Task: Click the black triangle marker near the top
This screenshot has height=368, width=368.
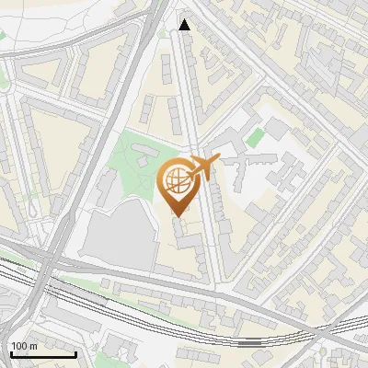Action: tap(185, 25)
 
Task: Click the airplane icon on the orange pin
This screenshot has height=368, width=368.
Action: tap(203, 167)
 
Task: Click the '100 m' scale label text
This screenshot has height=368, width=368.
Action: tap(23, 346)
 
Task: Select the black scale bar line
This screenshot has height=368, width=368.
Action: tap(43, 354)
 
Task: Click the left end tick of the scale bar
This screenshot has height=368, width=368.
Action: tap(11, 352)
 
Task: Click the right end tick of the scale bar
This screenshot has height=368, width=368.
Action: tap(75, 352)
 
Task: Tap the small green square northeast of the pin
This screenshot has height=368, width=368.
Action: tap(255, 137)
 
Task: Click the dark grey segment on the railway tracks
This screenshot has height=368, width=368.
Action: tap(248, 341)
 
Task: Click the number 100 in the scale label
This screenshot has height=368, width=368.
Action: tap(19, 346)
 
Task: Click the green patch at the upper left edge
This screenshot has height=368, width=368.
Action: tap(3, 35)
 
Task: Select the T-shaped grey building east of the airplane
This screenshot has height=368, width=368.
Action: tap(267, 170)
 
